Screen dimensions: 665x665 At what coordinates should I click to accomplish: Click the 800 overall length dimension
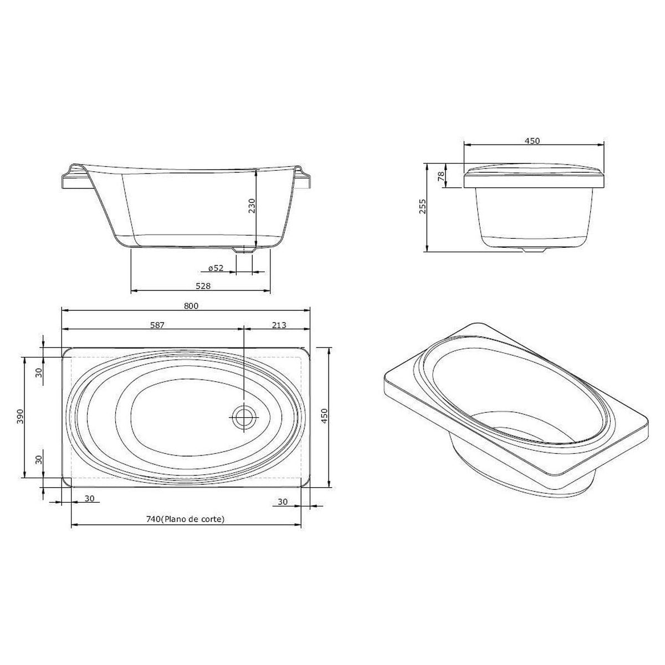[x=191, y=306]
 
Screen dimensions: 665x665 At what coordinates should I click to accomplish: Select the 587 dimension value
[x=157, y=325]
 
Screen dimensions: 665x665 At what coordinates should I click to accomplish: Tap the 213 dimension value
[x=279, y=325]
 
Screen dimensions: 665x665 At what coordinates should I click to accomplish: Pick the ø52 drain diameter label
[x=216, y=268]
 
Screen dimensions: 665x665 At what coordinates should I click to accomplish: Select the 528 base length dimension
[x=203, y=286]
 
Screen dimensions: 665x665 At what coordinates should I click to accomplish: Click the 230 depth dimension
[x=252, y=206]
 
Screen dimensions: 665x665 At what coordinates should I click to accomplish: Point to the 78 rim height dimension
[x=441, y=176]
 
